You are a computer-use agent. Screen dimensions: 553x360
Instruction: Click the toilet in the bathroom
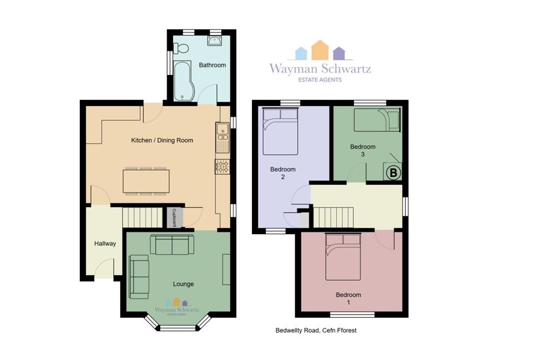(x=180, y=48)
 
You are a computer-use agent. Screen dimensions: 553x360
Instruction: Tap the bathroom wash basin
(x=215, y=41)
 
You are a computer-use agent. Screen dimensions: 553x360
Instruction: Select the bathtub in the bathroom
(x=182, y=81)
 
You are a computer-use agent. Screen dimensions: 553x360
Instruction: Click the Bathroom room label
(x=212, y=65)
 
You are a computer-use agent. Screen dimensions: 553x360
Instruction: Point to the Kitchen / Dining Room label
(x=162, y=140)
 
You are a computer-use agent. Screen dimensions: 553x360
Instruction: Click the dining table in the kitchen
(x=146, y=181)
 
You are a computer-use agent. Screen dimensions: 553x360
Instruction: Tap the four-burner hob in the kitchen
(x=222, y=166)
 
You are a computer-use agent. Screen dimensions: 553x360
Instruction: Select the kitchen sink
(x=222, y=138)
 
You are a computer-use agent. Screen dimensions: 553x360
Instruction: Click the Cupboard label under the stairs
(x=174, y=217)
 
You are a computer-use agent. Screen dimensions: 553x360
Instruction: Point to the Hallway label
(x=105, y=244)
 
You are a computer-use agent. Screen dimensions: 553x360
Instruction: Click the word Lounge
(x=184, y=284)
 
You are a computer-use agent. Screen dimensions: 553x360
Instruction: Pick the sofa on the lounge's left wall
(x=139, y=277)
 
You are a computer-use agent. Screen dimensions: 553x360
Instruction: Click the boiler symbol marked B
(x=393, y=173)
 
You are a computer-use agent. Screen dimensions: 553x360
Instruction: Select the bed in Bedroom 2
(x=281, y=131)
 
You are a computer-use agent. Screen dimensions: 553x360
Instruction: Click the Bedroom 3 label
(x=363, y=150)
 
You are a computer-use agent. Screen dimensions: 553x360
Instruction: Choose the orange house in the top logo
(x=320, y=50)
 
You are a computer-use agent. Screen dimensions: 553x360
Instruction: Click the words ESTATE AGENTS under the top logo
(x=320, y=80)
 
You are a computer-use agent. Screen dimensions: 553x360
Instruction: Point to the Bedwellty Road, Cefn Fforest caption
(x=316, y=331)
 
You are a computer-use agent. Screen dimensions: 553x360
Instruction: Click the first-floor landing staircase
(x=334, y=217)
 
